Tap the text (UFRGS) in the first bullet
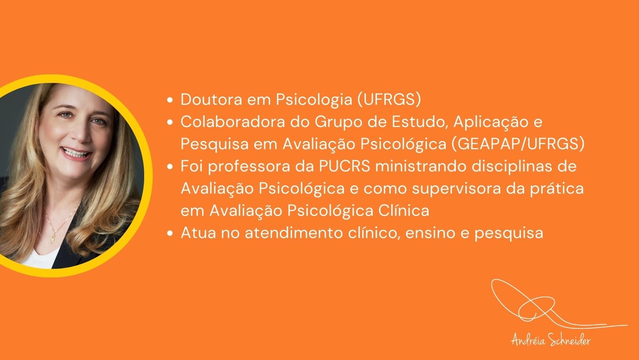(x=389, y=100)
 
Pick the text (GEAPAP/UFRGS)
(x=518, y=144)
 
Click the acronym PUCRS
(x=344, y=166)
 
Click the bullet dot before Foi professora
(x=170, y=167)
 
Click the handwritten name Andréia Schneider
(x=551, y=341)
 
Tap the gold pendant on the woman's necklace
(x=53, y=237)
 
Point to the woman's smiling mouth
(x=76, y=153)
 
